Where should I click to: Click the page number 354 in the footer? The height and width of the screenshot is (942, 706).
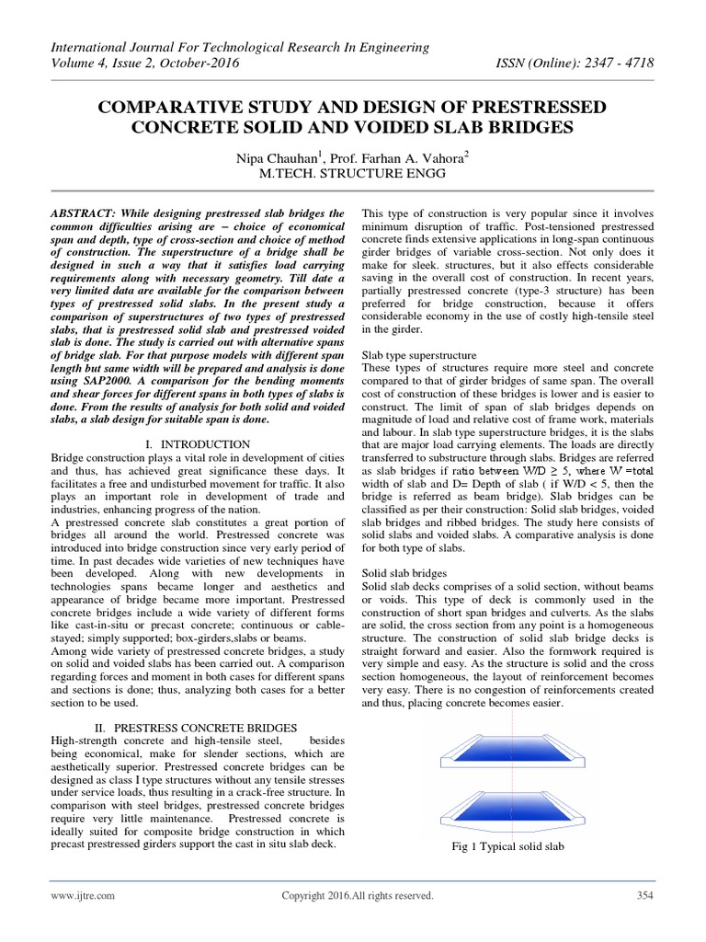(643, 895)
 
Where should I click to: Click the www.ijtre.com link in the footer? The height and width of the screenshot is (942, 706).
(83, 895)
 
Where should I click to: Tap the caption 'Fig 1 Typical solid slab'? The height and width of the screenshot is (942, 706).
(508, 846)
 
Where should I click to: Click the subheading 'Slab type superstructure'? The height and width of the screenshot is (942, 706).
(419, 354)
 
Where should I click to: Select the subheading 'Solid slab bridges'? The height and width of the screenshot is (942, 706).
(404, 573)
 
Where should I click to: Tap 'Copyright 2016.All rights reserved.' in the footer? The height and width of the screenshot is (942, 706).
(357, 895)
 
